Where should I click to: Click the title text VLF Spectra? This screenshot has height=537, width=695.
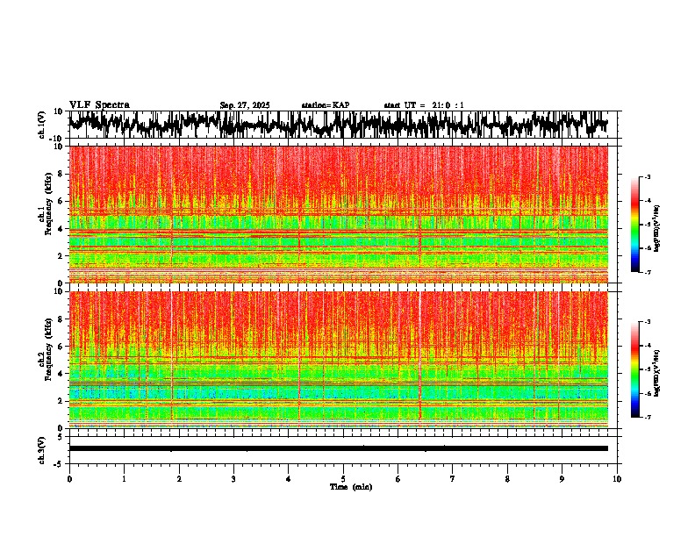pyautogui.click(x=99, y=104)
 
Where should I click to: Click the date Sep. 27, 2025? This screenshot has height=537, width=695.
pyautogui.click(x=244, y=105)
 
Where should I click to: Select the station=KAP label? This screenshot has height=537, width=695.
pyautogui.click(x=325, y=105)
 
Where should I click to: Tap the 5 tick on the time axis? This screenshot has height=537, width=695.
pyautogui.click(x=343, y=479)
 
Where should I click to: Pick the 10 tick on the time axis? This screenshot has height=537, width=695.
pyautogui.click(x=617, y=479)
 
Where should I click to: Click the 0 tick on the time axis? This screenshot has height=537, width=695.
pyautogui.click(x=69, y=479)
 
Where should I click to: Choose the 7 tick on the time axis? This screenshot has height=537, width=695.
pyautogui.click(x=453, y=479)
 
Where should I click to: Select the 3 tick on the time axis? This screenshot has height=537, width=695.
pyautogui.click(x=233, y=479)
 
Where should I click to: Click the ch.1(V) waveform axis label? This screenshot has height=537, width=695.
pyautogui.click(x=42, y=125)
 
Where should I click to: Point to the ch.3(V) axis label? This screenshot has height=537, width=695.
pyautogui.click(x=42, y=448)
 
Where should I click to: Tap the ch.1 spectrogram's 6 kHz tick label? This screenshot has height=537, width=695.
pyautogui.click(x=60, y=201)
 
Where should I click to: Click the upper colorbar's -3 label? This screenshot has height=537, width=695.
pyautogui.click(x=648, y=177)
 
